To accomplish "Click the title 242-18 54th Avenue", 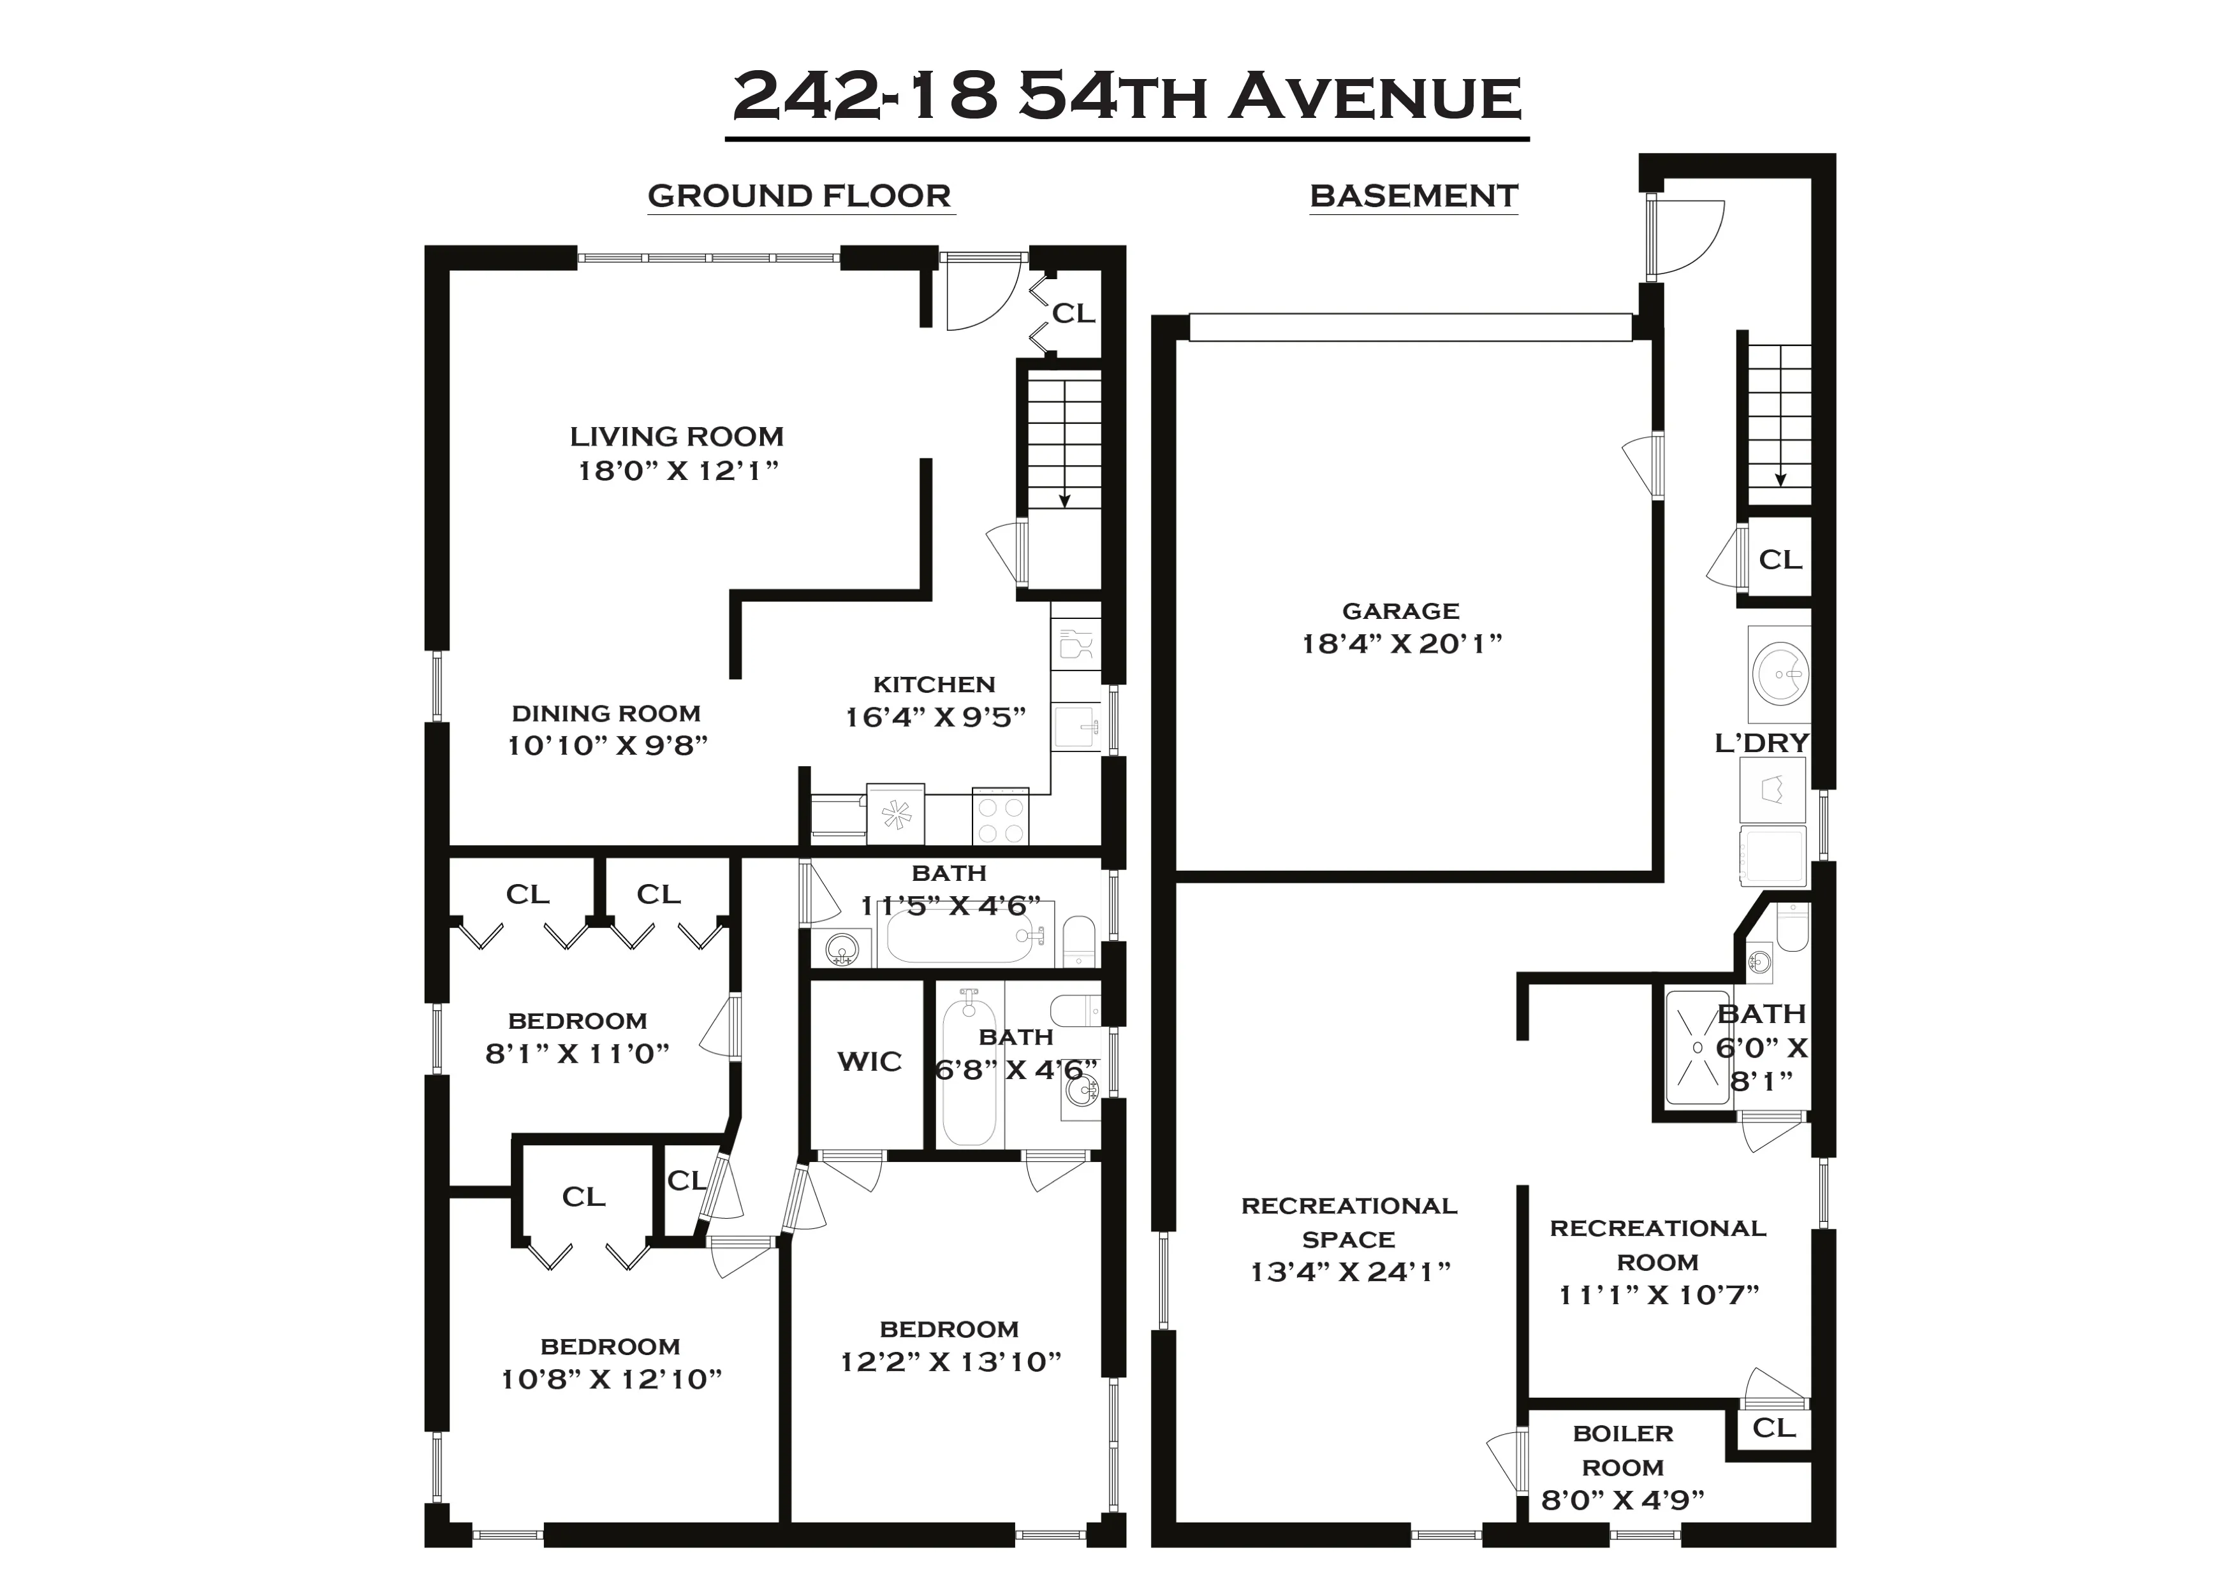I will [x=1126, y=98].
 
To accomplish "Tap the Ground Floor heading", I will [x=799, y=196].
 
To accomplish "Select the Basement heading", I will [x=1412, y=196].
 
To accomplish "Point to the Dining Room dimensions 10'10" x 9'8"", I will [x=607, y=745].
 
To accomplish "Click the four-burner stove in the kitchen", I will [x=1001, y=819].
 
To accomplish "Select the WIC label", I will [x=869, y=1062].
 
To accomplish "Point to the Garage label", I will [x=1400, y=611].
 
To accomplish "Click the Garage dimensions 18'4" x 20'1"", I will [x=1401, y=644].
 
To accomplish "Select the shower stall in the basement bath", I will [x=1698, y=1048].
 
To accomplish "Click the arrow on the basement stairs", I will [x=1780, y=475].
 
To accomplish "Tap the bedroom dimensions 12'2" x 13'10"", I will [x=950, y=1362].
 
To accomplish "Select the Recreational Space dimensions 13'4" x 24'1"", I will [x=1349, y=1272].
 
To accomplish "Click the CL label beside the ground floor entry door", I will [x=1073, y=314].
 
